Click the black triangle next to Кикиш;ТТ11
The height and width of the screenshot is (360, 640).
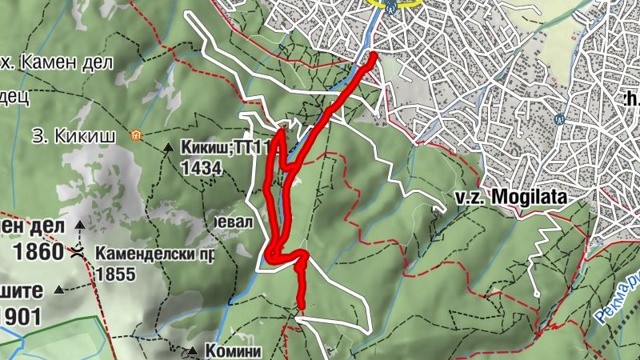click(168, 147)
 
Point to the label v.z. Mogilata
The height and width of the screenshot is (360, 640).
click(509, 196)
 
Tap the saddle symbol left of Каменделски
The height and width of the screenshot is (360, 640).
click(78, 252)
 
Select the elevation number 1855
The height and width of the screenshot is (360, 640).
click(111, 273)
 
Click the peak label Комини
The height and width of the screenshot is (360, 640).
click(234, 350)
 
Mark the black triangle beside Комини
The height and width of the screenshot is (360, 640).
click(192, 350)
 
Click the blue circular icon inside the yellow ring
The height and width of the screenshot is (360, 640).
click(390, 7)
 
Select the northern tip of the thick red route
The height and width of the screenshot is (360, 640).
click(374, 55)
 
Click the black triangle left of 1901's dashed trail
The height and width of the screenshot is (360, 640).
click(59, 290)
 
